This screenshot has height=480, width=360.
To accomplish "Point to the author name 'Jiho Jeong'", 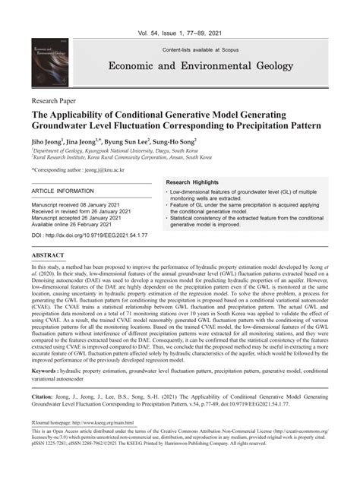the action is tap(48, 141).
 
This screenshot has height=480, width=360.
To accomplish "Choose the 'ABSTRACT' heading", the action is tap(48, 255).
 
